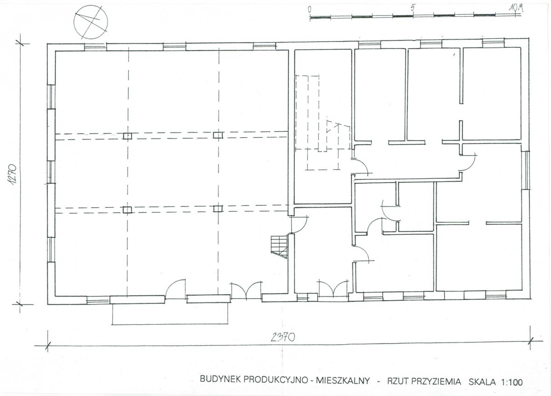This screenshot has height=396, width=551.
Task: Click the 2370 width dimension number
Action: [283, 337]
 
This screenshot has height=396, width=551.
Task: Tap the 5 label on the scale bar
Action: [413, 8]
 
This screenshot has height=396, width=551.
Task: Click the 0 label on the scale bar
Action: [310, 9]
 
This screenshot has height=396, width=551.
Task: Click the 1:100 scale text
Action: [510, 382]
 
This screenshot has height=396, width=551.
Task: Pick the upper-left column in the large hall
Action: [127, 136]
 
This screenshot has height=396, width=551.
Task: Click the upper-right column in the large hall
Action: [218, 135]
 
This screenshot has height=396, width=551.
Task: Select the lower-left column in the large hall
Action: [127, 210]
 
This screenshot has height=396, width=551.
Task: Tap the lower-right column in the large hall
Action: [218, 209]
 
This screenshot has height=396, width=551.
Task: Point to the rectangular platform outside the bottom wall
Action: [171, 314]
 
